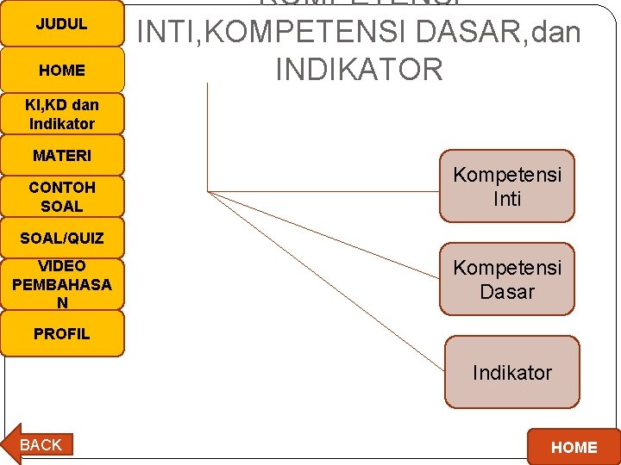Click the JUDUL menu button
62,23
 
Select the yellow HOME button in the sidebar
62,70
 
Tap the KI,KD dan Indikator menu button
62,114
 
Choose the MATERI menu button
62,156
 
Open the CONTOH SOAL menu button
62,196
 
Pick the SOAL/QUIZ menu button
62,238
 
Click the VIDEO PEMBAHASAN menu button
62,283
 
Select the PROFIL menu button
62,333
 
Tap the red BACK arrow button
39,444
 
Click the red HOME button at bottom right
573,447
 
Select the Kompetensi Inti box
507,187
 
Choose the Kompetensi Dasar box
507,280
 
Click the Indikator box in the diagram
512,372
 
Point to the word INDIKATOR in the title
359,70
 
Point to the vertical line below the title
208,138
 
